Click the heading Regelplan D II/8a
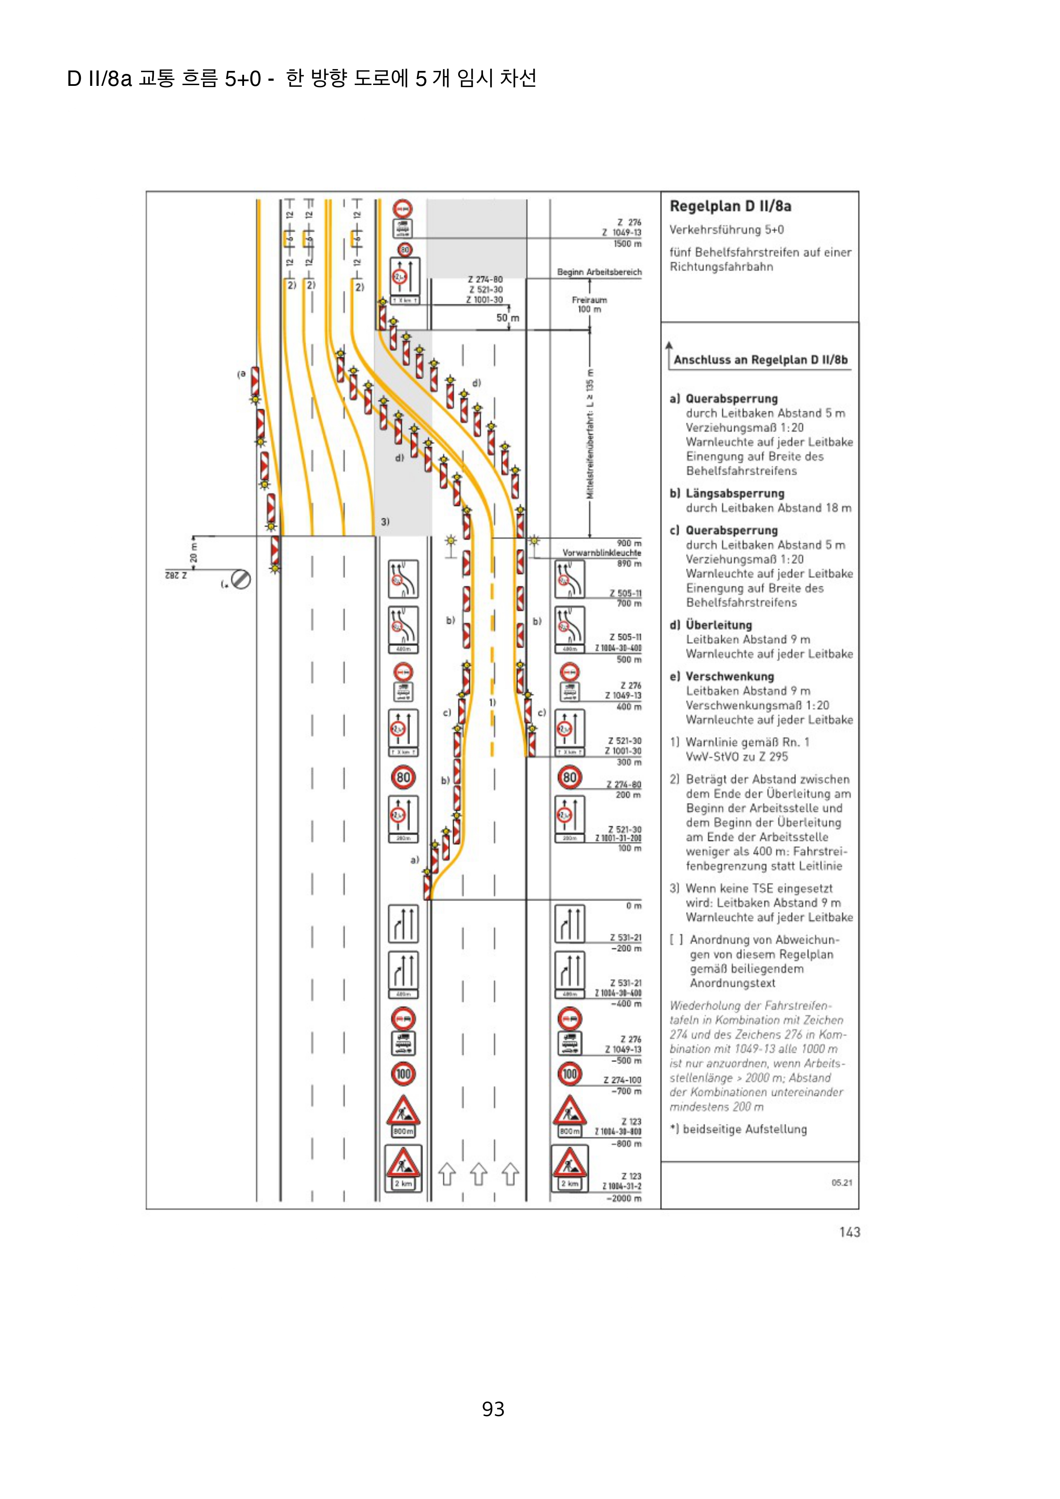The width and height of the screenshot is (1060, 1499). coord(730,206)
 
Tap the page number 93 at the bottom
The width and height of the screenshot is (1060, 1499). coord(493,1408)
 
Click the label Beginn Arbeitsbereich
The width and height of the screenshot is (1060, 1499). coord(599,272)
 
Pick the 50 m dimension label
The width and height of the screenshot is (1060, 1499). coord(507,318)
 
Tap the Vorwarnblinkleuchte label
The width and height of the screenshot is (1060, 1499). coord(601,553)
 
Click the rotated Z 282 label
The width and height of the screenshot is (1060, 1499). coord(176,575)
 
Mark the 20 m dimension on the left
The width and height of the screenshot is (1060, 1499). coord(193,553)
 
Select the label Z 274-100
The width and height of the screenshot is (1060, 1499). coord(622,1080)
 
